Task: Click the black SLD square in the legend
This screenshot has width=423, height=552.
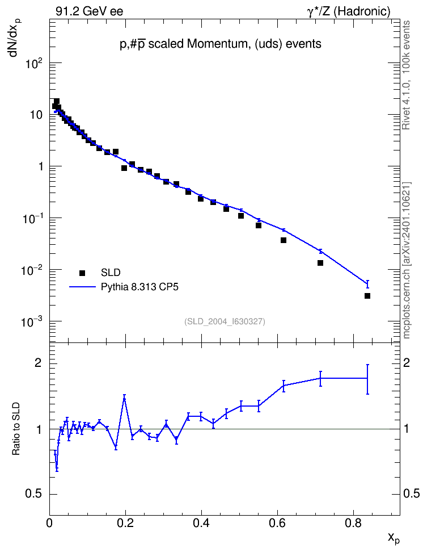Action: tap(82, 273)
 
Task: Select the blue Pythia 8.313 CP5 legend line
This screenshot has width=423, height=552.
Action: tap(83, 287)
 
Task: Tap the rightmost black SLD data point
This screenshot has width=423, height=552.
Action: tap(367, 296)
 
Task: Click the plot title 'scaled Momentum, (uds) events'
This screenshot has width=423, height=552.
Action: tap(235, 44)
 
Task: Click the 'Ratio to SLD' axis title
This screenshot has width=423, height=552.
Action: tap(16, 428)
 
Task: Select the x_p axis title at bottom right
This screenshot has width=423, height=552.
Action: tap(394, 538)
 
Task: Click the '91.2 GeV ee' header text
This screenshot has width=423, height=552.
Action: tap(90, 11)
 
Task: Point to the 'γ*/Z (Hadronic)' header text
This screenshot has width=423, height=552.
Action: tap(349, 11)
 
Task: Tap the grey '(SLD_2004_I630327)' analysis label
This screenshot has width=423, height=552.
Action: tap(225, 321)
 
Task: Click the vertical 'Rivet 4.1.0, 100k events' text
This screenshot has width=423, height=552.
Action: tap(406, 75)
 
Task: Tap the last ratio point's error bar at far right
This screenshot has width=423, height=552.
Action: tap(367, 379)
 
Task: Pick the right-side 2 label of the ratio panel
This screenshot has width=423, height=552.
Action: tap(407, 363)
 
